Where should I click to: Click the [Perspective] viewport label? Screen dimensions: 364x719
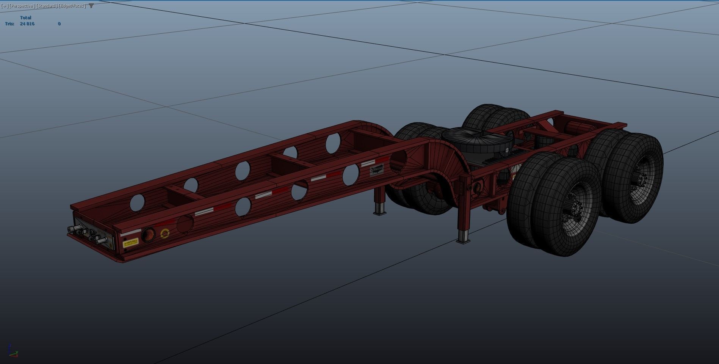point(22,6)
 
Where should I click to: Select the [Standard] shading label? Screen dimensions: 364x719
point(47,6)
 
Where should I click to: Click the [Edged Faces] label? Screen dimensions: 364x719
point(72,6)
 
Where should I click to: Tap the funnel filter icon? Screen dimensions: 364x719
point(91,6)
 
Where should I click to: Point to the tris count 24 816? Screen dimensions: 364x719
point(27,24)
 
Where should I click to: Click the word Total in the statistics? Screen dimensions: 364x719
point(25,18)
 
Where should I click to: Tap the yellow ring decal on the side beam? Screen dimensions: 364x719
point(165,233)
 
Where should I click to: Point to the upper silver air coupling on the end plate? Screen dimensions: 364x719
point(75,228)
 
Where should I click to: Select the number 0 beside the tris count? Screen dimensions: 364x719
point(59,24)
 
